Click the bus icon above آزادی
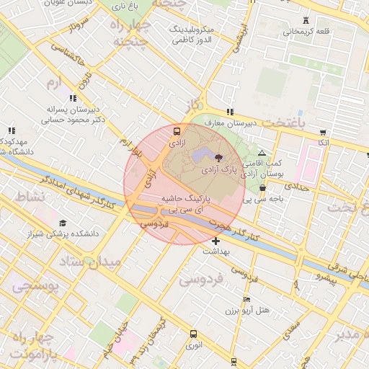coord(177,132)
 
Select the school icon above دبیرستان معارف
coord(230,112)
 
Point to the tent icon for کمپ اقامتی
coord(261,153)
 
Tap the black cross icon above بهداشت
coord(216,240)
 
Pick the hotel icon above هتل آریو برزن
coord(247,299)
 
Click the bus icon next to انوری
coord(193,334)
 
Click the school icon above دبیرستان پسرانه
coord(72,98)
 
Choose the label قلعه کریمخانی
coord(306,31)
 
